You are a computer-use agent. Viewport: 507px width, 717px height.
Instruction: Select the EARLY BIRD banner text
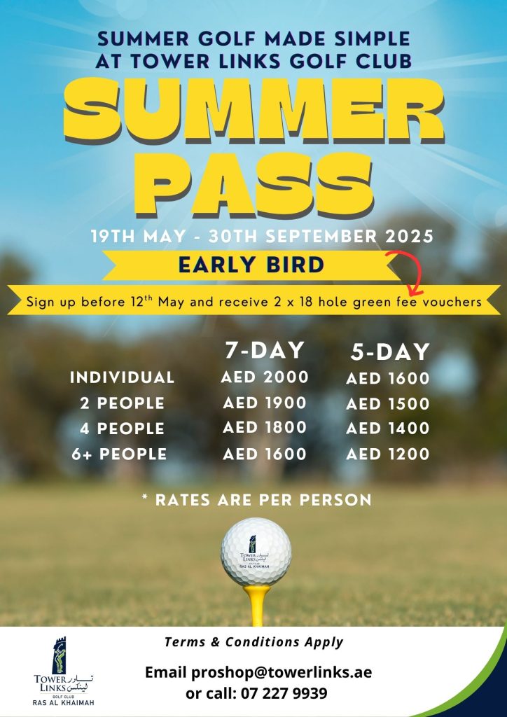coord(251,265)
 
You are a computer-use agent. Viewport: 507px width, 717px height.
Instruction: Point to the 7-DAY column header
coord(265,351)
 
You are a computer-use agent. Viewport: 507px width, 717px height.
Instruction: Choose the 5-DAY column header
coord(390,352)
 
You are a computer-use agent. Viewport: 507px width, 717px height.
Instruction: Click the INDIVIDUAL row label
coord(122,377)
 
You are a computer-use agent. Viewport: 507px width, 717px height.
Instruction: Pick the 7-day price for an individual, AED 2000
coord(265,377)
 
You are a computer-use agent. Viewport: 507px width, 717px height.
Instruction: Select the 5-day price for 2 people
coord(388,404)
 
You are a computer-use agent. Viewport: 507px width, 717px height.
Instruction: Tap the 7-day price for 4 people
coord(265,428)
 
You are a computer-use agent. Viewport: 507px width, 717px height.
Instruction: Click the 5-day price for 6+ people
coord(388,454)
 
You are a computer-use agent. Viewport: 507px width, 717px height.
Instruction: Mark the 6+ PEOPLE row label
coord(119,454)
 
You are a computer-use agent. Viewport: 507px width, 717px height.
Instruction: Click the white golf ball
coord(256,552)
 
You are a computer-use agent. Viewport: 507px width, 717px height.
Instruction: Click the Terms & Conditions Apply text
coord(253,642)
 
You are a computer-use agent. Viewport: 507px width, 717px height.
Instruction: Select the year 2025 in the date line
coord(409,237)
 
